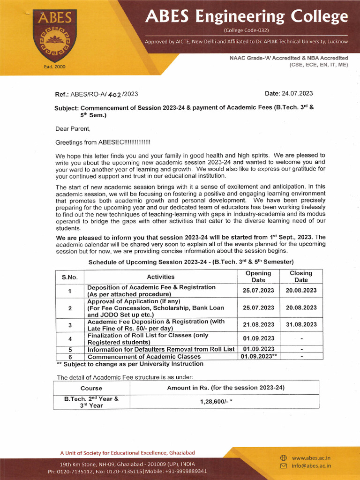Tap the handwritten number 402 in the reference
[115, 94]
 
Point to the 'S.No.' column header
[70, 277]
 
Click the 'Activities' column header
[160, 277]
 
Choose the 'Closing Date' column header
[301, 277]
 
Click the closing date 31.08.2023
[301, 324]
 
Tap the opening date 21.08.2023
[258, 324]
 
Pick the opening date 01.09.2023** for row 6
[258, 357]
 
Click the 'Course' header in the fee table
[91, 388]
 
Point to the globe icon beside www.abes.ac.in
[283, 457]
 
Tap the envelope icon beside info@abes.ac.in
[283, 466]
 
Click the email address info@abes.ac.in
[311, 466]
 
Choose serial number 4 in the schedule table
[70, 338]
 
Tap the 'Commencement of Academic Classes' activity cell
[144, 357]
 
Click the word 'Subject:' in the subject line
[67, 107]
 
